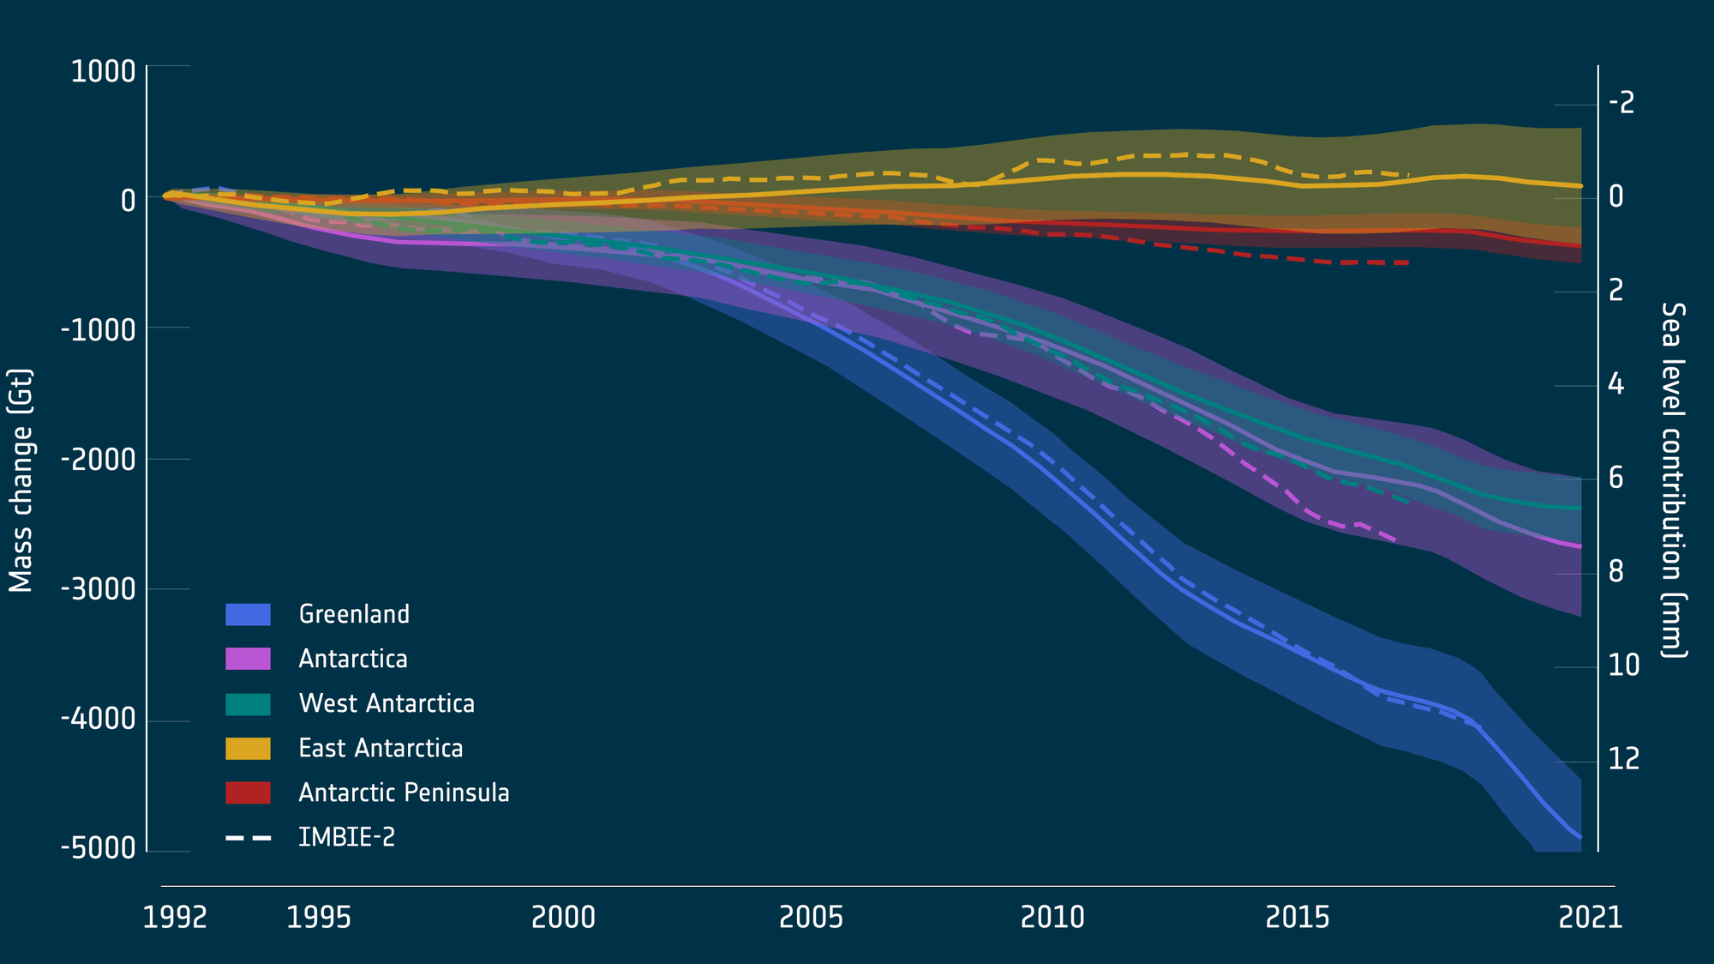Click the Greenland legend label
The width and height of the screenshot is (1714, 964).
(354, 614)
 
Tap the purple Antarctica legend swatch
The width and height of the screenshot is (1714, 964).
(248, 659)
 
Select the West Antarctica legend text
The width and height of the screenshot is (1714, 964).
(387, 703)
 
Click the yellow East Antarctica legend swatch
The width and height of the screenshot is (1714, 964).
(248, 748)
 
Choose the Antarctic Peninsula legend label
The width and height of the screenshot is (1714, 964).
(404, 792)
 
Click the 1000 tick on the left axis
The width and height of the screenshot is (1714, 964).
(104, 71)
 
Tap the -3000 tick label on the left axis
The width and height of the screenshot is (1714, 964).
(99, 589)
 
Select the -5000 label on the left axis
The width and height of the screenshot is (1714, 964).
(99, 848)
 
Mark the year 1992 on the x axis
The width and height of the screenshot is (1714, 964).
(175, 918)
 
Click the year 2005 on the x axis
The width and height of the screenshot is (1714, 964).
(811, 918)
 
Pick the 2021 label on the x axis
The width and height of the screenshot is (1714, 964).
(1591, 918)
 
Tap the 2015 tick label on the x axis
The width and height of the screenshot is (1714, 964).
(1297, 918)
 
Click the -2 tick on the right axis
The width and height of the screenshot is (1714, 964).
(1621, 103)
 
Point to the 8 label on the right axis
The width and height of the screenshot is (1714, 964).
(1616, 571)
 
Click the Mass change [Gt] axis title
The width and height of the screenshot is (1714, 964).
(21, 480)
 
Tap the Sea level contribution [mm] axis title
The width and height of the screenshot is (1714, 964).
(1673, 480)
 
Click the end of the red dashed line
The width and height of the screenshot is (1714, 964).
(1408, 262)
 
